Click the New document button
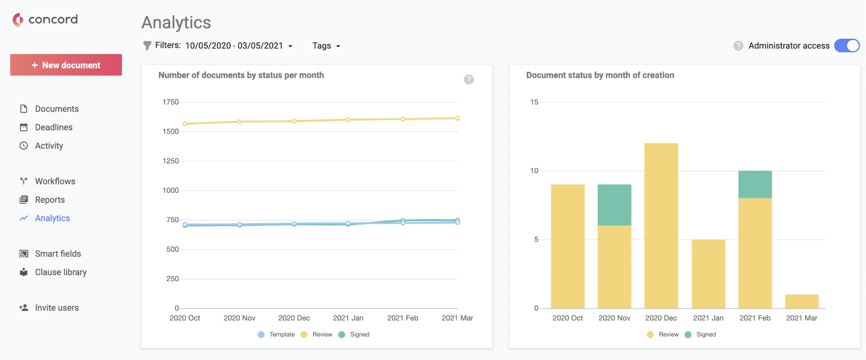tap(66, 65)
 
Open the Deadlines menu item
tap(54, 127)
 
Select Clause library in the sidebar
tap(61, 272)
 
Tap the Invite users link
tap(57, 308)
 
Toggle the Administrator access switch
tap(847, 46)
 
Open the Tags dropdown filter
tap(326, 46)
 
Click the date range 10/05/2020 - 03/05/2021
tap(234, 46)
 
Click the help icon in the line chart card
tap(469, 79)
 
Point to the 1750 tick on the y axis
tap(171, 102)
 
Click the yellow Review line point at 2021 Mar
tap(457, 118)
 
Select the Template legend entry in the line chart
tap(276, 335)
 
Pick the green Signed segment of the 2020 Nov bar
tap(615, 205)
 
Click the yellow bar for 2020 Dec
tap(661, 226)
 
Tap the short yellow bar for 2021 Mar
tap(802, 301)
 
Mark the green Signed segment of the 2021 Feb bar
tap(755, 184)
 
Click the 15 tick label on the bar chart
tap(534, 102)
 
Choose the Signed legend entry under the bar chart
tap(700, 335)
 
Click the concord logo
tap(45, 19)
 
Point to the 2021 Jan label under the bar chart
tap(708, 318)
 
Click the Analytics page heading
tap(176, 22)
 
